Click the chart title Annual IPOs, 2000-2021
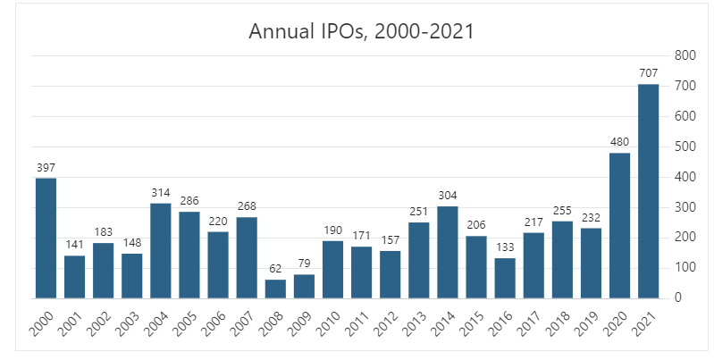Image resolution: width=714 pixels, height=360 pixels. (360, 33)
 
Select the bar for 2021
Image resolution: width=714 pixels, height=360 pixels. (648, 191)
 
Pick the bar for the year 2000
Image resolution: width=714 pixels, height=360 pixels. (46, 238)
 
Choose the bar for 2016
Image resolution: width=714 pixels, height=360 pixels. (505, 278)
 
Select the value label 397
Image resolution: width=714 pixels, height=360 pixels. (46, 168)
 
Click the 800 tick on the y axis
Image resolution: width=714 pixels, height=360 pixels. (685, 55)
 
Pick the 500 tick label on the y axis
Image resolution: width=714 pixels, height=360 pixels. (685, 147)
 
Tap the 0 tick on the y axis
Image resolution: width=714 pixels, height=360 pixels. (679, 297)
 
